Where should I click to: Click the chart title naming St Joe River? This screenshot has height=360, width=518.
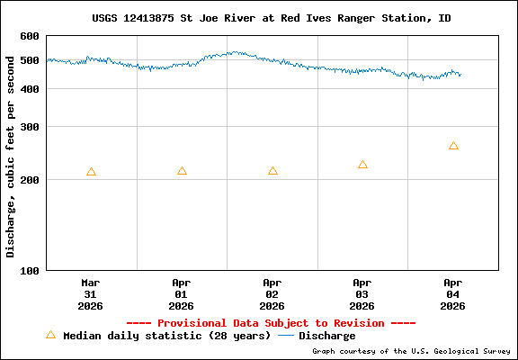pyautogui.click(x=272, y=18)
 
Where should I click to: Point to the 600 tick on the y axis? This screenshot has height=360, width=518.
pyautogui.click(x=30, y=36)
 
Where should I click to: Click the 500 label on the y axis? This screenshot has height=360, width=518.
pyautogui.click(x=30, y=60)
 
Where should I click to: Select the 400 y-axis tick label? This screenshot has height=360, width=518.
pyautogui.click(x=30, y=89)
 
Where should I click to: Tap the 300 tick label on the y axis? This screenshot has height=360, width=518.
pyautogui.click(x=30, y=127)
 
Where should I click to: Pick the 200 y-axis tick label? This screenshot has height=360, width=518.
pyautogui.click(x=30, y=180)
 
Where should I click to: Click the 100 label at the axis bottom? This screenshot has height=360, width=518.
pyautogui.click(x=30, y=270)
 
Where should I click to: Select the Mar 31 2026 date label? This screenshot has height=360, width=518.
pyautogui.click(x=91, y=294)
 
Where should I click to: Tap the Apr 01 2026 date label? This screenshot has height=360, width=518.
pyautogui.click(x=182, y=294)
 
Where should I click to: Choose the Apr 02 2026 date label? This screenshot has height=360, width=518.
pyautogui.click(x=272, y=294)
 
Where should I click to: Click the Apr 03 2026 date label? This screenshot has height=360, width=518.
pyautogui.click(x=362, y=294)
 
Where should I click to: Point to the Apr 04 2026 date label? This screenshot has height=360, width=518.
pyautogui.click(x=453, y=294)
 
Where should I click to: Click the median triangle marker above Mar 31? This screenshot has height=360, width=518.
pyautogui.click(x=91, y=172)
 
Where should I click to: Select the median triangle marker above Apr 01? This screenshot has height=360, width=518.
pyautogui.click(x=182, y=171)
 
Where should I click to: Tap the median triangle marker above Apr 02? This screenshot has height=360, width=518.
pyautogui.click(x=272, y=171)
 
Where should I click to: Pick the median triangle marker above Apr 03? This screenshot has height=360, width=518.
pyautogui.click(x=362, y=165)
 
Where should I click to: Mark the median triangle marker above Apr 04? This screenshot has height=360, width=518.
pyautogui.click(x=453, y=146)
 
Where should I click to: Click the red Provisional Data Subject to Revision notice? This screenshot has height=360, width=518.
pyautogui.click(x=271, y=323)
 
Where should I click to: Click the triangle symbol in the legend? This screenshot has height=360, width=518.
pyautogui.click(x=50, y=335)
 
